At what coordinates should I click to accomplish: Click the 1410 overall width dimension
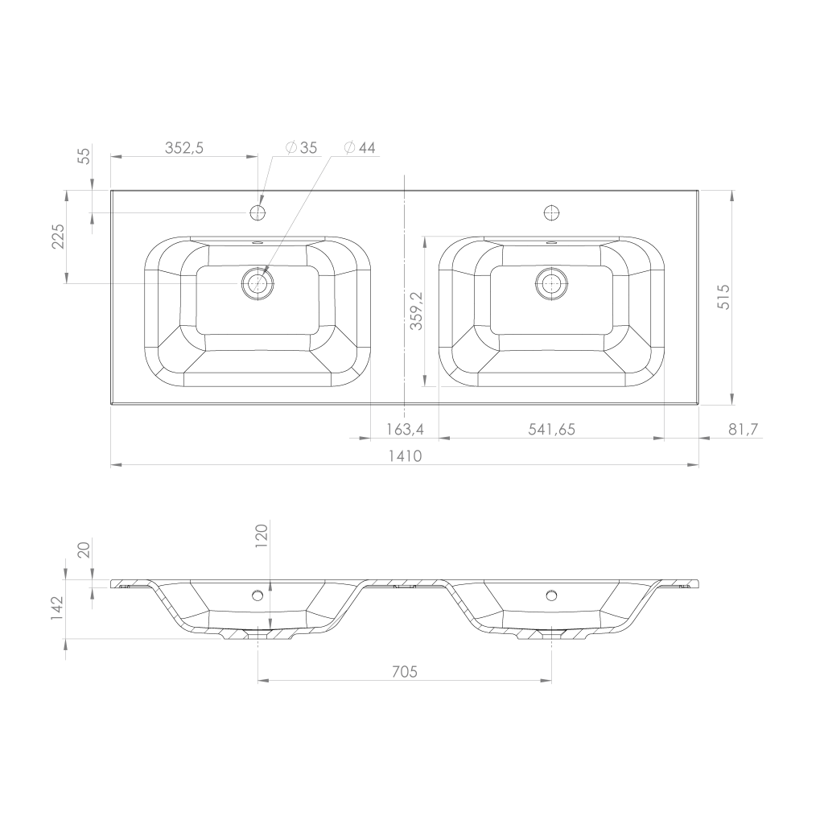[x=406, y=455]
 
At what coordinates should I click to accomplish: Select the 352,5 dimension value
[x=184, y=148]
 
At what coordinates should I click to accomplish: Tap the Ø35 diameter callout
[x=302, y=148]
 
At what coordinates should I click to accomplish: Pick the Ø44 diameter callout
[x=360, y=148]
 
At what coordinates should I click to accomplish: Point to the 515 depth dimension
[x=723, y=297]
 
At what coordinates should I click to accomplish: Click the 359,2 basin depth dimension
[x=416, y=311]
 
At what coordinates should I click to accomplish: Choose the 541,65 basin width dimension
[x=551, y=430]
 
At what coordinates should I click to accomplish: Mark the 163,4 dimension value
[x=405, y=430]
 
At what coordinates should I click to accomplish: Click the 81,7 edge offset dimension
[x=743, y=430]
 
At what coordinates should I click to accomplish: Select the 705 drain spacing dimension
[x=405, y=672]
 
